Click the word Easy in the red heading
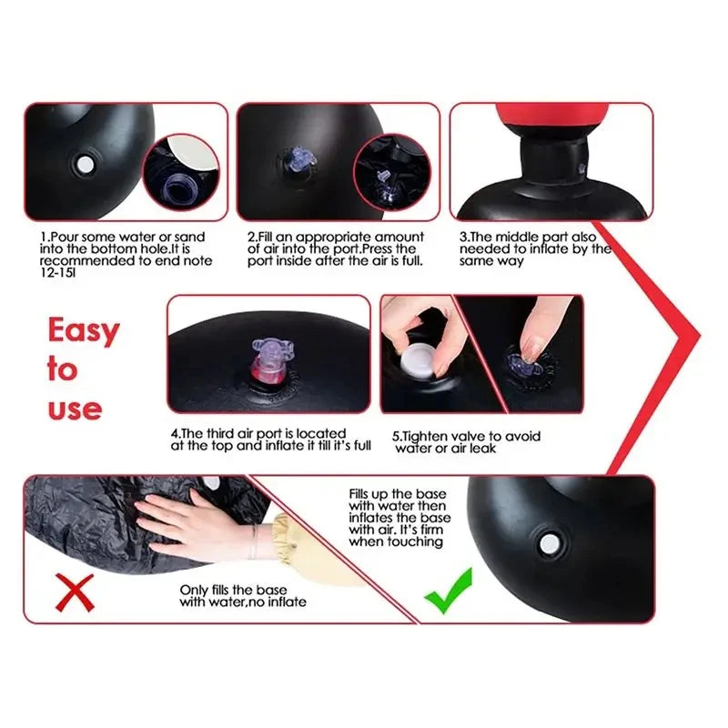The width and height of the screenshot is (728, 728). point(83,331)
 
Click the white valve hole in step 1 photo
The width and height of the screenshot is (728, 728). point(85,165)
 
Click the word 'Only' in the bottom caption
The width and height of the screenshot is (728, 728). point(194,589)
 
